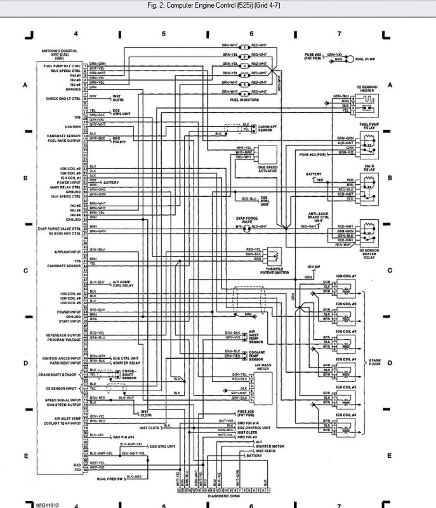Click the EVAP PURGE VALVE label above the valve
pos(247,219)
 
